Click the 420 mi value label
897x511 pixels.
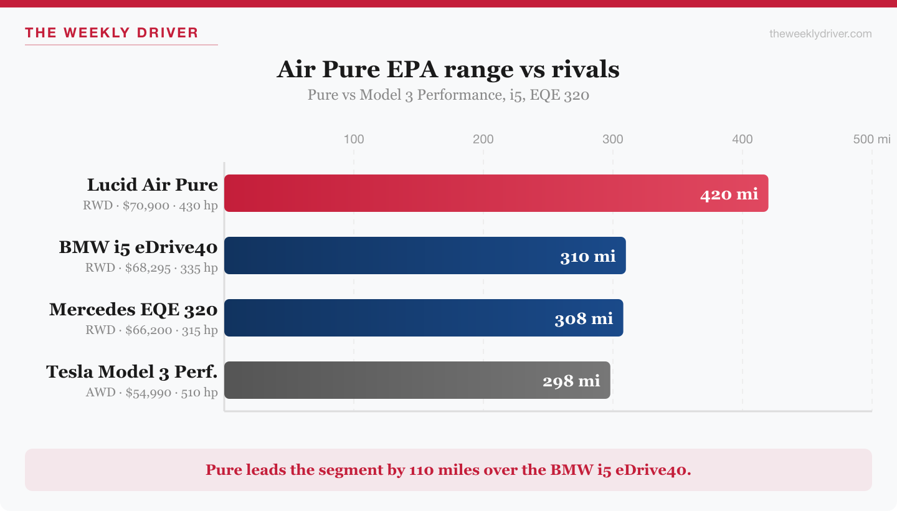pos(729,194)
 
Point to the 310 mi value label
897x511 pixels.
pos(587,256)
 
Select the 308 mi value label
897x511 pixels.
pos(584,318)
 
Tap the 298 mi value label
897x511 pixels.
pos(571,381)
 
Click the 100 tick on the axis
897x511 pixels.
pos(354,139)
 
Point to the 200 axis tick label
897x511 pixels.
pos(483,139)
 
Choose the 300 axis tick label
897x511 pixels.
pos(613,139)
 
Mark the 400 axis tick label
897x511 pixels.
pos(743,139)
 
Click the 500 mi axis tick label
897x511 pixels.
pos(871,139)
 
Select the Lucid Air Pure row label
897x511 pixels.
pos(153,185)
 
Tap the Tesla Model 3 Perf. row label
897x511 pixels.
pos(132,372)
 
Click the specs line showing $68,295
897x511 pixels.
pos(151,268)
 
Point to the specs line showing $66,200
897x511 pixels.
pos(151,330)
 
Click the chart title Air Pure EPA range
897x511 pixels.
pos(448,69)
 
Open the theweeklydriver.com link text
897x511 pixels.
pos(820,34)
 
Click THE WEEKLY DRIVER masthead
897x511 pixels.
pos(112,33)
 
